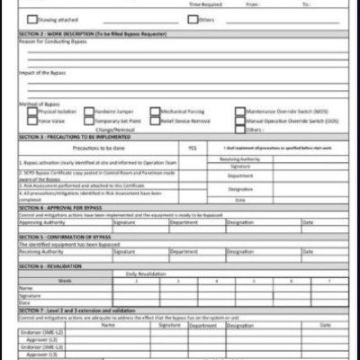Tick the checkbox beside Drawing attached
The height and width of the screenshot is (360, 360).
(x=32, y=18)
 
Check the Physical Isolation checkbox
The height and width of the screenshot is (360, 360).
(x=32, y=112)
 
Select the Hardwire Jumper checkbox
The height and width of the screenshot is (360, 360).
(x=88, y=112)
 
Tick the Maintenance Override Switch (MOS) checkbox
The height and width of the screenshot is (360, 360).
(x=239, y=112)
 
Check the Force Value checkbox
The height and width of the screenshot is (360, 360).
(x=32, y=120)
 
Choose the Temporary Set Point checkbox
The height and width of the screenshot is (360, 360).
(x=88, y=120)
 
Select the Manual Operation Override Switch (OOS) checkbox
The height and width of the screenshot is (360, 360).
(x=239, y=120)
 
